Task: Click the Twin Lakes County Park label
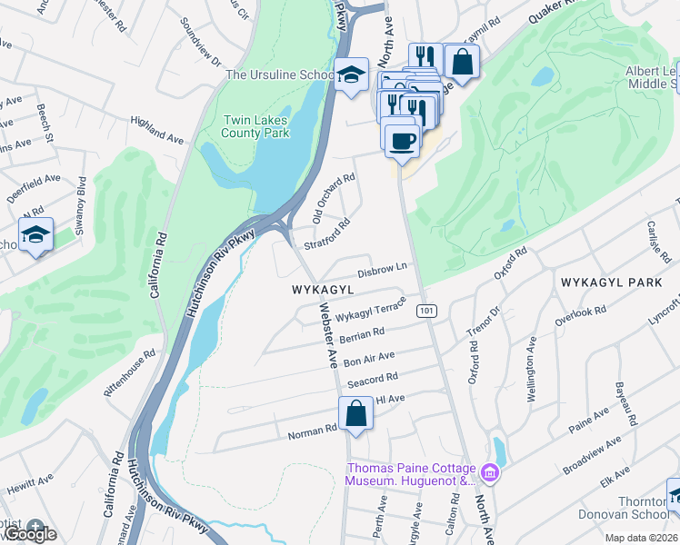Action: (257, 126)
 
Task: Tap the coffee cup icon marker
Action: (401, 140)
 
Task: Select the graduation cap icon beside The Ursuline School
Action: (349, 76)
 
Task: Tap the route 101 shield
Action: (426, 311)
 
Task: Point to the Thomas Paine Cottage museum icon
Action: (490, 473)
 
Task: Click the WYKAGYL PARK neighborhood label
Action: (611, 282)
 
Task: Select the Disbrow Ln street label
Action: (380, 271)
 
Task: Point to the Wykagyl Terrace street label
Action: (369, 312)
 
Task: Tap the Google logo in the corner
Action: (29, 534)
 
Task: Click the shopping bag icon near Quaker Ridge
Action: (462, 62)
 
